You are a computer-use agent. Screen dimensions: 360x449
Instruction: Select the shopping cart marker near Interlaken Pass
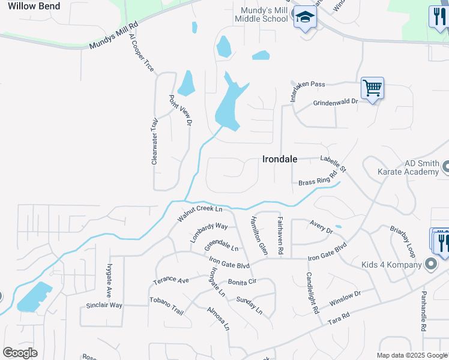pyautogui.click(x=372, y=89)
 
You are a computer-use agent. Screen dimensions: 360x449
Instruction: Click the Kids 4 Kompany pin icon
pyautogui.click(x=430, y=264)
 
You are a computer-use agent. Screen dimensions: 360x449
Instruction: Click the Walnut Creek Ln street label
pyautogui.click(x=200, y=214)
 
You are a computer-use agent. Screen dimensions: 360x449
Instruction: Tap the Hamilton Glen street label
pyautogui.click(x=259, y=235)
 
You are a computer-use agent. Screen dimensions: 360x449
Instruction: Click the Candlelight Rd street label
pyautogui.click(x=312, y=293)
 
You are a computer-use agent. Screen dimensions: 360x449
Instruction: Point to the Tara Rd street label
pyautogui.click(x=339, y=319)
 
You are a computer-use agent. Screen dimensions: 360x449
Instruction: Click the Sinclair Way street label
pyautogui.click(x=104, y=305)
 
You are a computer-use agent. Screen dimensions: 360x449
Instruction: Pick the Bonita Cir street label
pyautogui.click(x=242, y=281)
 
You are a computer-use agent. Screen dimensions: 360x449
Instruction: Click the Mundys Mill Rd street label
pyautogui.click(x=113, y=37)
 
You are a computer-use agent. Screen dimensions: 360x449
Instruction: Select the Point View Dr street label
pyautogui.click(x=180, y=110)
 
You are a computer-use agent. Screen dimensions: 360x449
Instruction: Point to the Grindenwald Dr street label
pyautogui.click(x=335, y=103)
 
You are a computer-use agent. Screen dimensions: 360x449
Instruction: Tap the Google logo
pyautogui.click(x=20, y=353)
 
